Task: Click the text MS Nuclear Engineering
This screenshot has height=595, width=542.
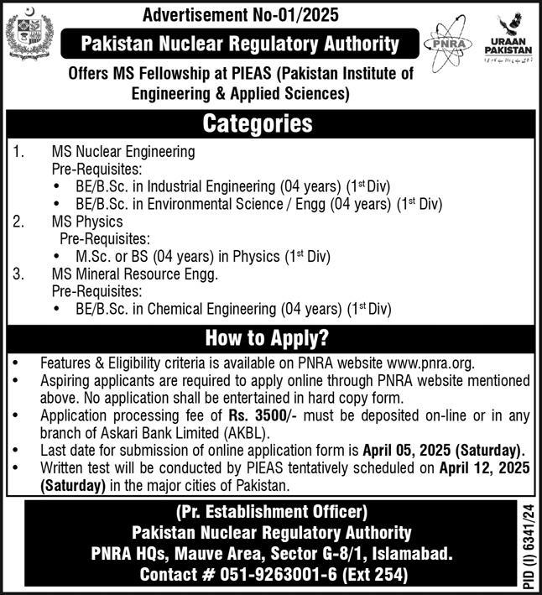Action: (x=123, y=153)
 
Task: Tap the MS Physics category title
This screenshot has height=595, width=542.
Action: (x=87, y=222)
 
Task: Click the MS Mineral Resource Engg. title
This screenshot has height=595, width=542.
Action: (x=134, y=274)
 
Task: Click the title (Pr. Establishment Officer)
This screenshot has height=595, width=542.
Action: (x=271, y=511)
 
